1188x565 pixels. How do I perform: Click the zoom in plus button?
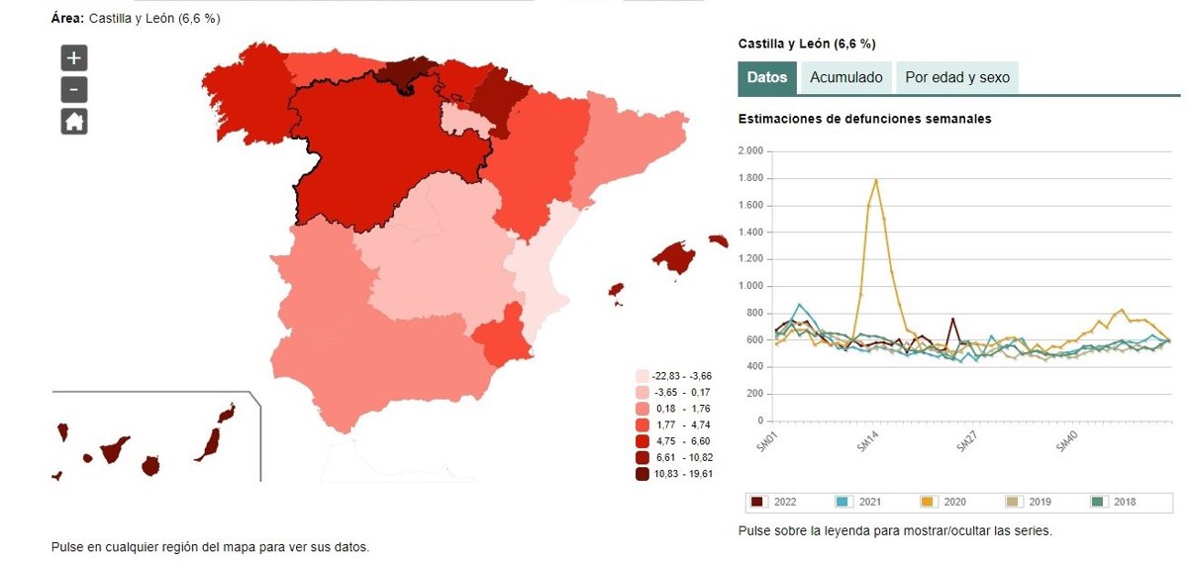click(x=74, y=57)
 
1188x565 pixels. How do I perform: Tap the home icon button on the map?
click(x=74, y=122)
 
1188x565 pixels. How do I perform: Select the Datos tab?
click(x=767, y=77)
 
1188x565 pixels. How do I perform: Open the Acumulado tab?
click(x=846, y=77)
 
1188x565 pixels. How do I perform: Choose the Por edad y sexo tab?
click(x=957, y=77)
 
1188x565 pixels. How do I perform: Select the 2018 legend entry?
click(x=1117, y=502)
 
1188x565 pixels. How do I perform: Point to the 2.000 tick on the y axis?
click(x=750, y=151)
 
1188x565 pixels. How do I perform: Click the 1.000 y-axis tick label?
click(x=750, y=286)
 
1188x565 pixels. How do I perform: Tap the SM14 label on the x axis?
click(x=868, y=442)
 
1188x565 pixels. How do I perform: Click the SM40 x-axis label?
click(x=1066, y=442)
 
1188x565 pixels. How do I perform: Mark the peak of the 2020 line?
click(x=876, y=180)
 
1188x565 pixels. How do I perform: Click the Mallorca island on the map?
click(x=675, y=256)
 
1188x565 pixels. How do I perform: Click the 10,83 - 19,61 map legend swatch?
click(x=643, y=474)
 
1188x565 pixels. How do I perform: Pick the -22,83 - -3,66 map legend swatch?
click(x=643, y=376)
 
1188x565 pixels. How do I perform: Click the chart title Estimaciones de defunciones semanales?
click(x=864, y=119)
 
